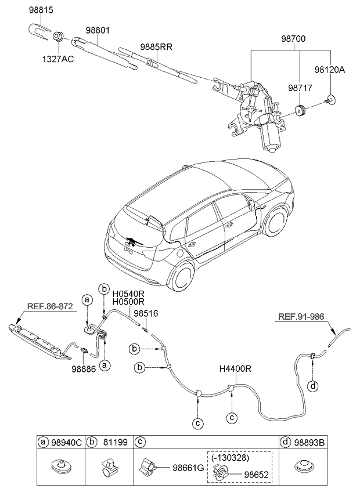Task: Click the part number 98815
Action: click(41, 11)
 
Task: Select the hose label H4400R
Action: click(235, 368)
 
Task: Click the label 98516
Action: click(146, 313)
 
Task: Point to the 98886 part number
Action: click(84, 368)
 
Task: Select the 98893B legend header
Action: click(311, 443)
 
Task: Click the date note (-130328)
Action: click(231, 457)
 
